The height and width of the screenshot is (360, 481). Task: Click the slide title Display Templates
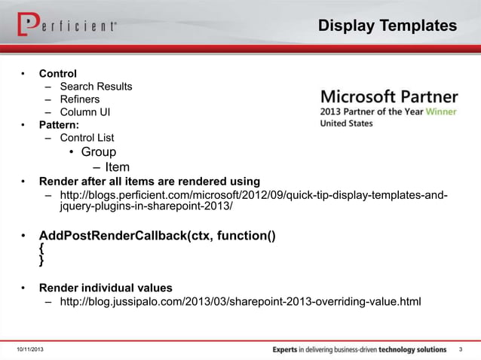click(x=387, y=26)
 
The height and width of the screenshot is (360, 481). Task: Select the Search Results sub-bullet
click(x=96, y=86)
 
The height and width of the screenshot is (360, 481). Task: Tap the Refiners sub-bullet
click(x=79, y=99)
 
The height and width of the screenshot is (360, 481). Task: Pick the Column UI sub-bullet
click(x=85, y=111)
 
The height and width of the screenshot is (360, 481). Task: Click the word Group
click(x=99, y=152)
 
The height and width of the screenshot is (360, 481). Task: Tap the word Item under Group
click(x=117, y=167)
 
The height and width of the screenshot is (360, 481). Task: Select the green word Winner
click(x=441, y=111)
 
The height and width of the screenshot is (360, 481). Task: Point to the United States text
click(x=347, y=124)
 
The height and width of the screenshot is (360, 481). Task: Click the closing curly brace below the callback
click(x=42, y=261)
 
